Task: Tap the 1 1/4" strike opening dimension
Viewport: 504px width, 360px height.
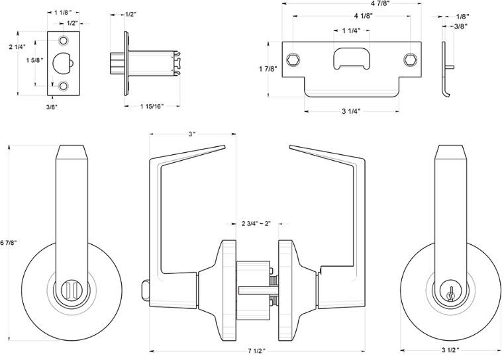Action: (x=352, y=31)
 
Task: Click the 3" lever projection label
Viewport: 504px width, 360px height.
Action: (x=191, y=134)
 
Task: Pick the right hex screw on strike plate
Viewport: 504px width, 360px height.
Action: (x=411, y=61)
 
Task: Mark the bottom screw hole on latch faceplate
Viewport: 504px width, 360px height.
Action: (x=64, y=86)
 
